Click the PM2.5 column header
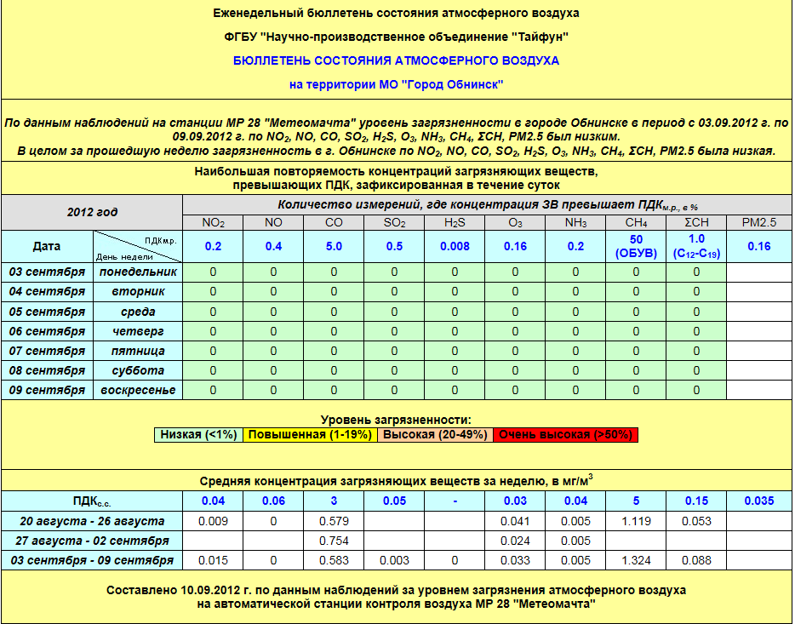[x=758, y=223]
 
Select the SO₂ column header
[x=394, y=223]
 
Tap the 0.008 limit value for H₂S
[x=455, y=246]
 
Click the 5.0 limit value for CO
[x=334, y=246]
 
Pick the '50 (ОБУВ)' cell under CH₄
[x=636, y=246]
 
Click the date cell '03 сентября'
[x=47, y=272]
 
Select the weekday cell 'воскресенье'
[x=137, y=390]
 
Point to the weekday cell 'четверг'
[x=137, y=331]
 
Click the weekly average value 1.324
[x=636, y=560]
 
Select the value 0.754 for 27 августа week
[x=334, y=541]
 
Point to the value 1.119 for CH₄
[x=636, y=521]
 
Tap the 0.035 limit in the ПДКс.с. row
[x=758, y=501]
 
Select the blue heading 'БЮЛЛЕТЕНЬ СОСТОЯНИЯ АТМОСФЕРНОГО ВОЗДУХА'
[x=397, y=61]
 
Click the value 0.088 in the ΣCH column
[x=696, y=560]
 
